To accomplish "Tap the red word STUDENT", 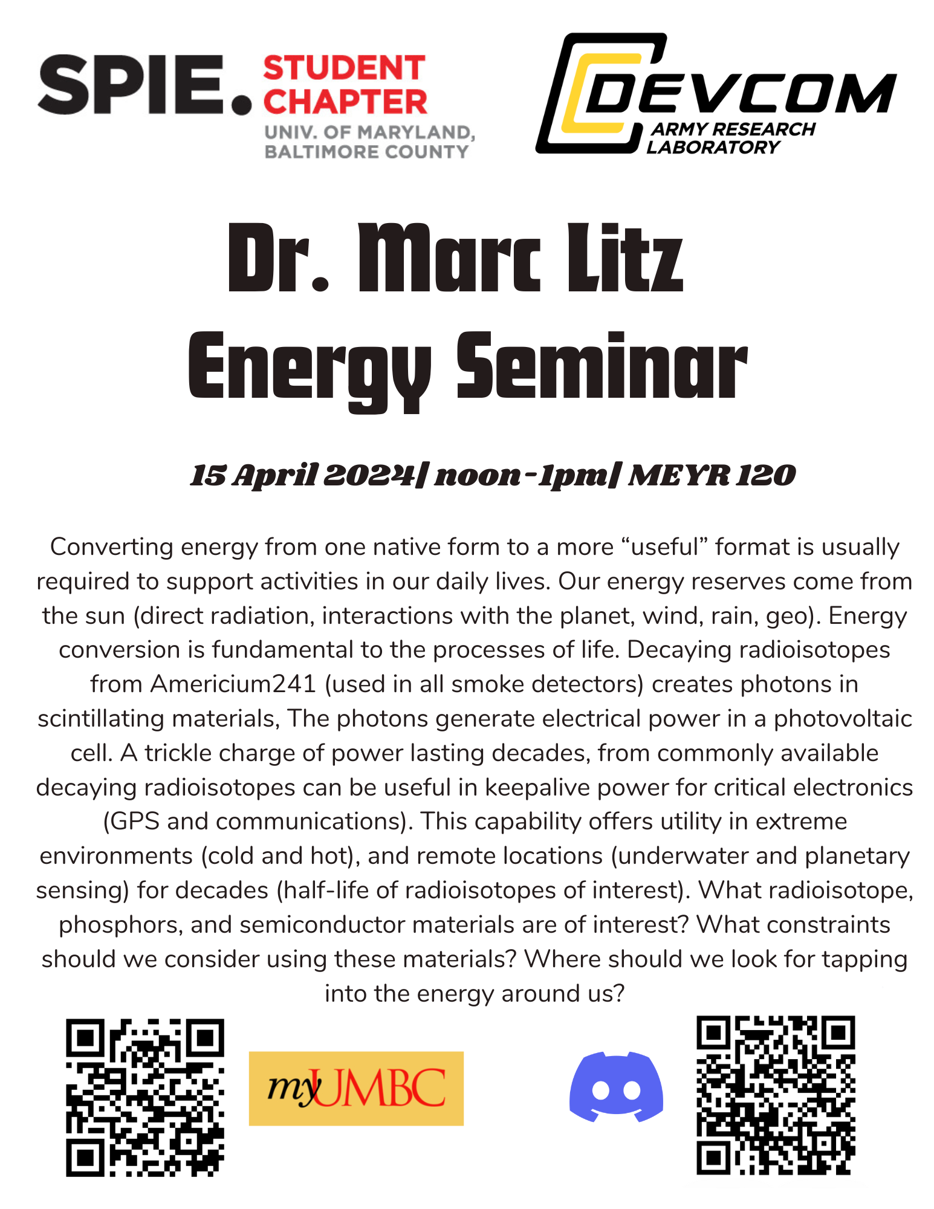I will coord(345,68).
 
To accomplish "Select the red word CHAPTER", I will coord(345,102).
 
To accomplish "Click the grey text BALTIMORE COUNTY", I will coord(366,151).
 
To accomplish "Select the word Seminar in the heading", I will coord(602,368).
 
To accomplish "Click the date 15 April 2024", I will coord(302,475).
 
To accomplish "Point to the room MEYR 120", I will coord(712,475).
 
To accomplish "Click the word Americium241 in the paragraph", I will coord(233,684).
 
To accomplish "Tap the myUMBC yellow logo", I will coord(356,1088).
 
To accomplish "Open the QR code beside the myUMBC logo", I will coord(145,1097).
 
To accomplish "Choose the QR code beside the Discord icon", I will coord(776,1095).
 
